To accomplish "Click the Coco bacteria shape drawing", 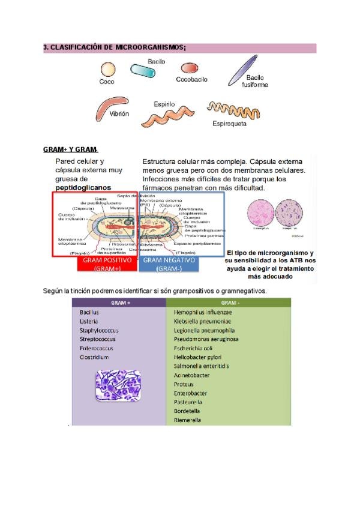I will point(108,70).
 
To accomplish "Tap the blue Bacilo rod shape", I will point(143,71).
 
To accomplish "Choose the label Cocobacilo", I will point(192,79).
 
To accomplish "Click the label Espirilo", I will point(164,104).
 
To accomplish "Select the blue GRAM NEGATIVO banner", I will point(169,264).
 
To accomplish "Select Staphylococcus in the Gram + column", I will point(99,330).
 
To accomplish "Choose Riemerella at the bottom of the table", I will point(187,420).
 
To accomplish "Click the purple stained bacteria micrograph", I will point(118,385).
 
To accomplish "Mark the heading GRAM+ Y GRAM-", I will point(71,149).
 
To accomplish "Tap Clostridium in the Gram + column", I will point(94,357).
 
